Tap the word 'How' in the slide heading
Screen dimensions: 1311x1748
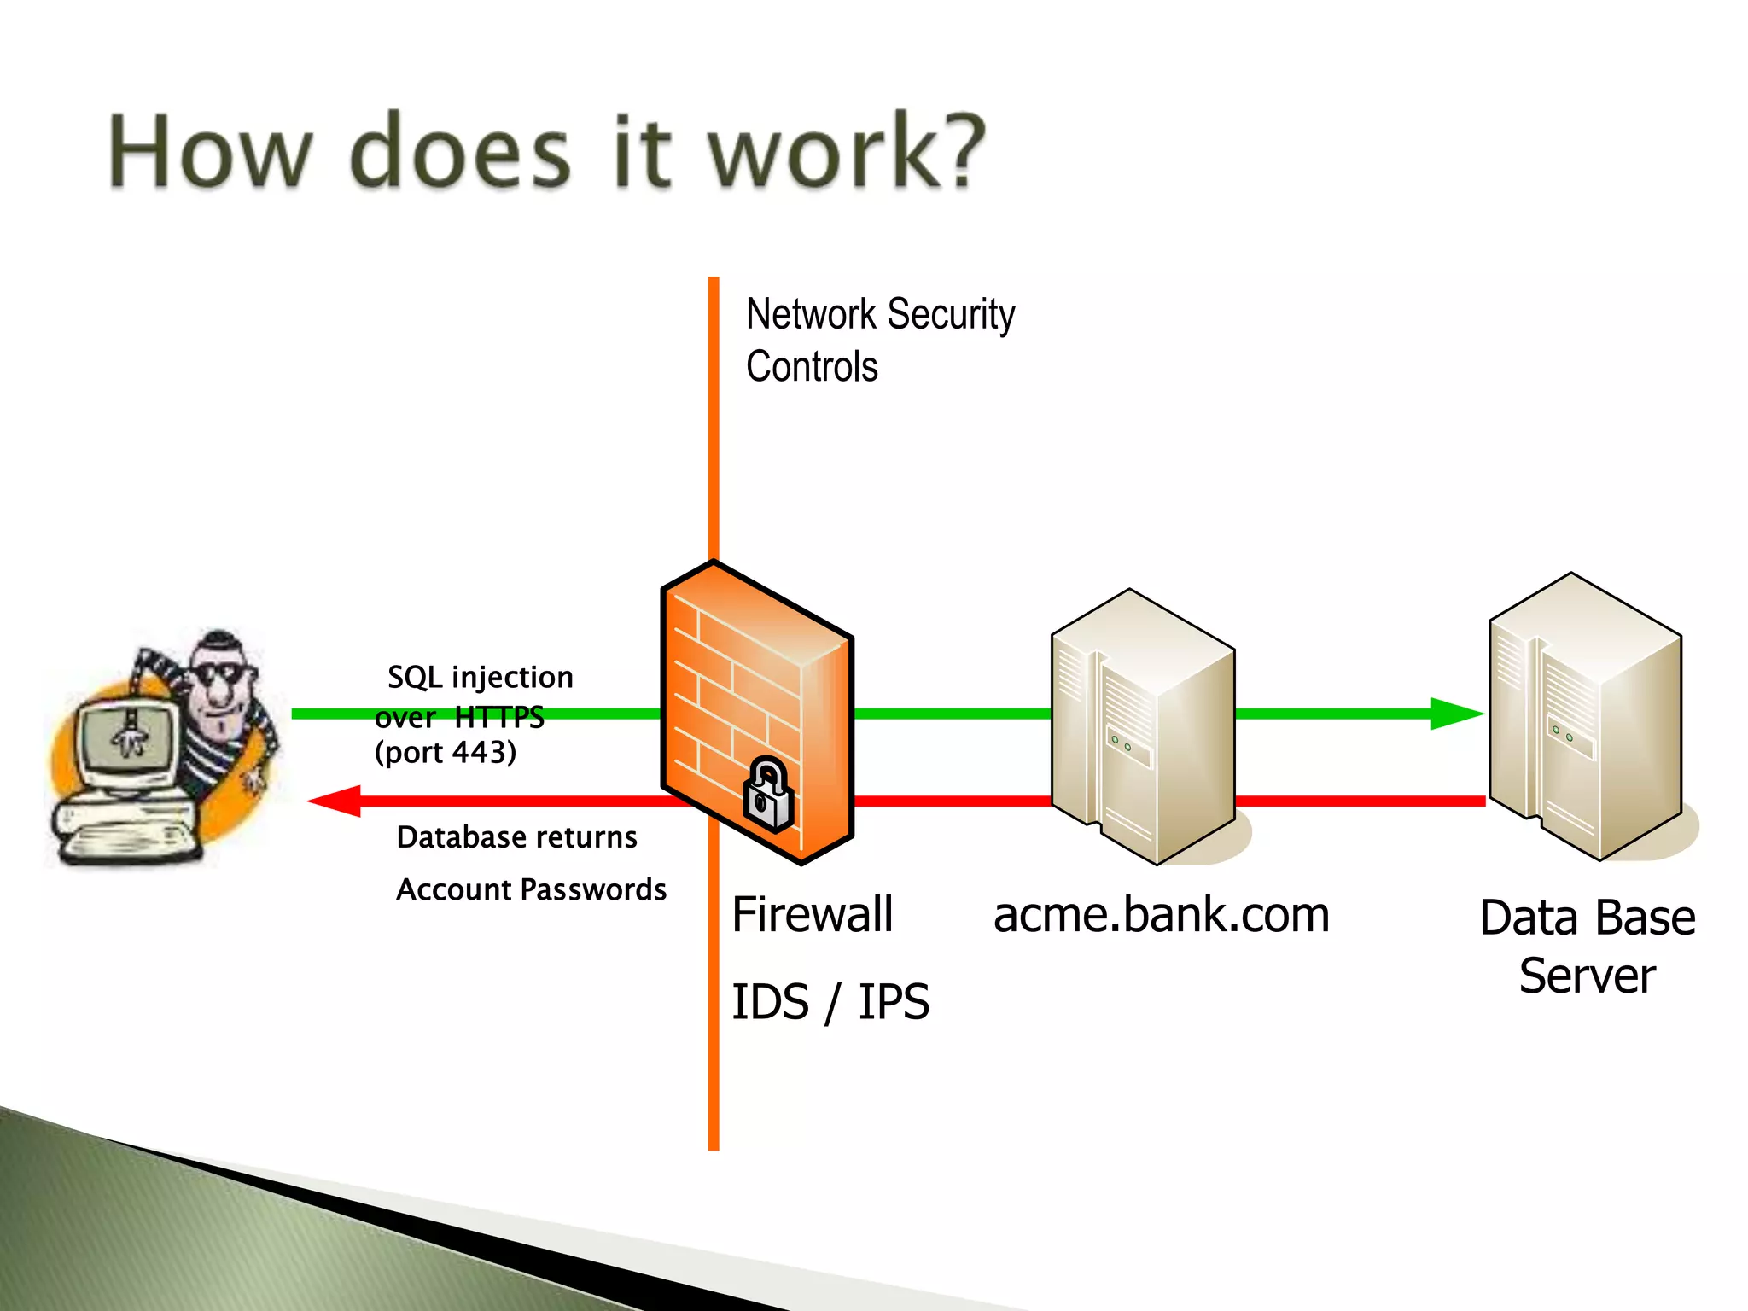[x=210, y=152]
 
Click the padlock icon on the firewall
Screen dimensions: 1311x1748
[x=769, y=795]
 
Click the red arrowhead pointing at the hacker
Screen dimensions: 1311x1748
[x=335, y=801]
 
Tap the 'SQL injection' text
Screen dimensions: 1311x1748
[x=481, y=677]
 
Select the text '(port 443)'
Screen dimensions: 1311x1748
[x=446, y=752]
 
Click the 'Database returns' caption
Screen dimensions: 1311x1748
[x=516, y=837]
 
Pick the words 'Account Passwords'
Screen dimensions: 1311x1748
[x=531, y=890]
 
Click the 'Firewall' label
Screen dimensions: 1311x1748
[x=812, y=915]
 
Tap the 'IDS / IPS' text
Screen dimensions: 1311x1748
[x=830, y=1002]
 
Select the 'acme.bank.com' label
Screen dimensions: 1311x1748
[x=1161, y=915]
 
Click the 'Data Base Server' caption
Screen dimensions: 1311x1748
[x=1587, y=946]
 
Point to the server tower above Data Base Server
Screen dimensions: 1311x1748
[x=1586, y=717]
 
